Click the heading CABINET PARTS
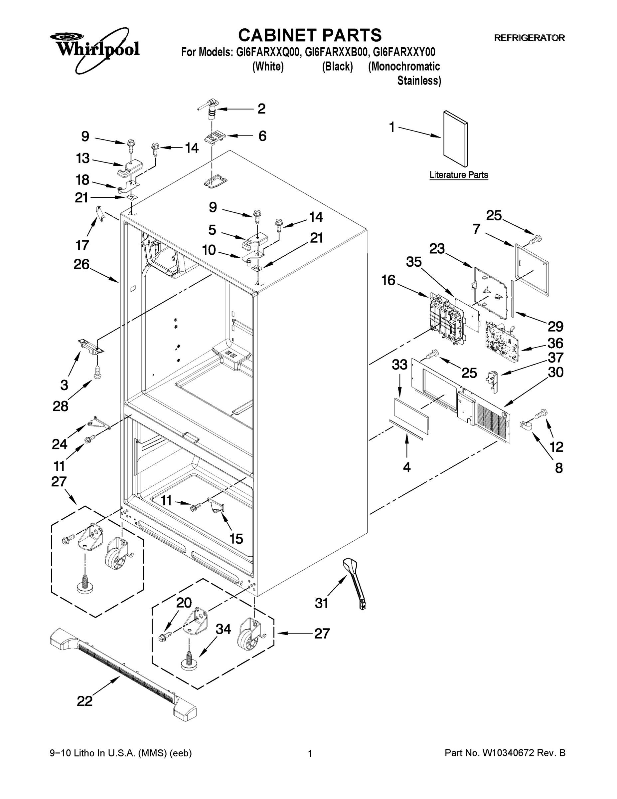(x=310, y=36)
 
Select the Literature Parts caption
(x=458, y=175)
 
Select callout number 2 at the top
(x=261, y=109)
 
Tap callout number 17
(x=82, y=245)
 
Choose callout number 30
(x=555, y=373)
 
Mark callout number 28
(x=60, y=406)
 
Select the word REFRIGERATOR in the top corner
(x=529, y=38)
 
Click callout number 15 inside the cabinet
(x=236, y=539)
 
